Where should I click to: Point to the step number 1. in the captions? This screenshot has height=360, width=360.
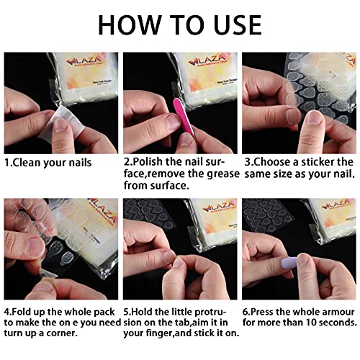click(9, 162)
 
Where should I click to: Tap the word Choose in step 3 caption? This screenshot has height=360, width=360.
click(274, 162)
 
